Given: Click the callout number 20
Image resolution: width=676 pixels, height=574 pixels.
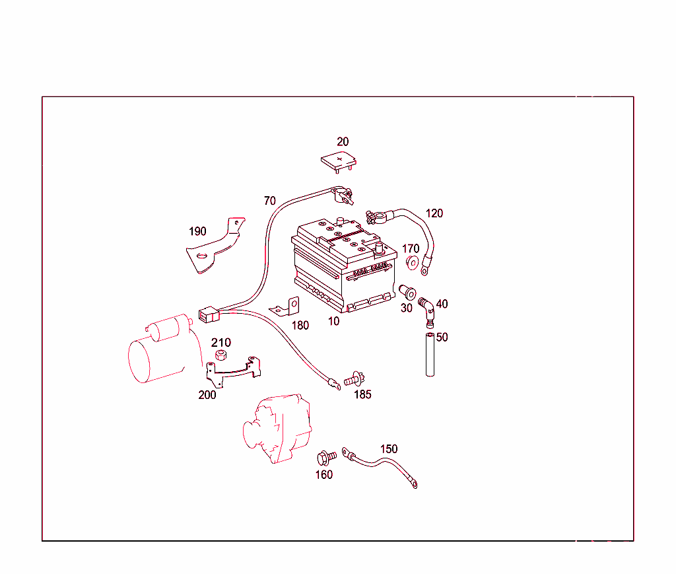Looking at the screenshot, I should coord(343,142).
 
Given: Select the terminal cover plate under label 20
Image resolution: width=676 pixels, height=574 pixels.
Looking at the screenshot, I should coord(339,161).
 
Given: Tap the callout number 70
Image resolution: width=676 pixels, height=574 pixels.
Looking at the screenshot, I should coord(269,201).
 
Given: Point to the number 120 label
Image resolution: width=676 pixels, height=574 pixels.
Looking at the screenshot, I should coord(434,213).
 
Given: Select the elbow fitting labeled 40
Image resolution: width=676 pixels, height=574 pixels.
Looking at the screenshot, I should coord(427,309).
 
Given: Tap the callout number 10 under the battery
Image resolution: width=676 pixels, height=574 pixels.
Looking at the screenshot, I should coord(334,321).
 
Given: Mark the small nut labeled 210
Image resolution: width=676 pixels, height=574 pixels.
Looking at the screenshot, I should coord(222,357).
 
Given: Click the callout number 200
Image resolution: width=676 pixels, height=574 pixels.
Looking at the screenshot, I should coord(207,395).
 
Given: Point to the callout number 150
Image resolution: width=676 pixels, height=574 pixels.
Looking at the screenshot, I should coord(389,449).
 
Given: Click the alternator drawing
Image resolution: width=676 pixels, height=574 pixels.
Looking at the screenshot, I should coord(277,429).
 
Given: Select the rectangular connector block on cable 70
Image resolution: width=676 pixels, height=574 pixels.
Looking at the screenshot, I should coord(208,314).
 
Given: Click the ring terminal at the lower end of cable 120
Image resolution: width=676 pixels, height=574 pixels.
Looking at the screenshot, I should coord(424,268).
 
